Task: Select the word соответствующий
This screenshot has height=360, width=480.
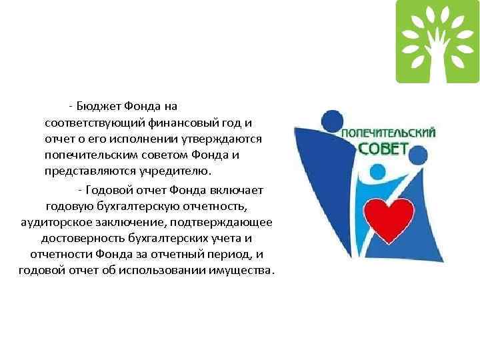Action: [x=88, y=123]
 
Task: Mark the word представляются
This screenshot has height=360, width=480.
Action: [x=86, y=171]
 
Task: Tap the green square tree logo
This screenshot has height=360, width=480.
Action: [x=437, y=41]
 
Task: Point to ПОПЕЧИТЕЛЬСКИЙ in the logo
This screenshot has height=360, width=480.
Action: [x=389, y=133]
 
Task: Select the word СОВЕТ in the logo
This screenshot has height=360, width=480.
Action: [x=383, y=147]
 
